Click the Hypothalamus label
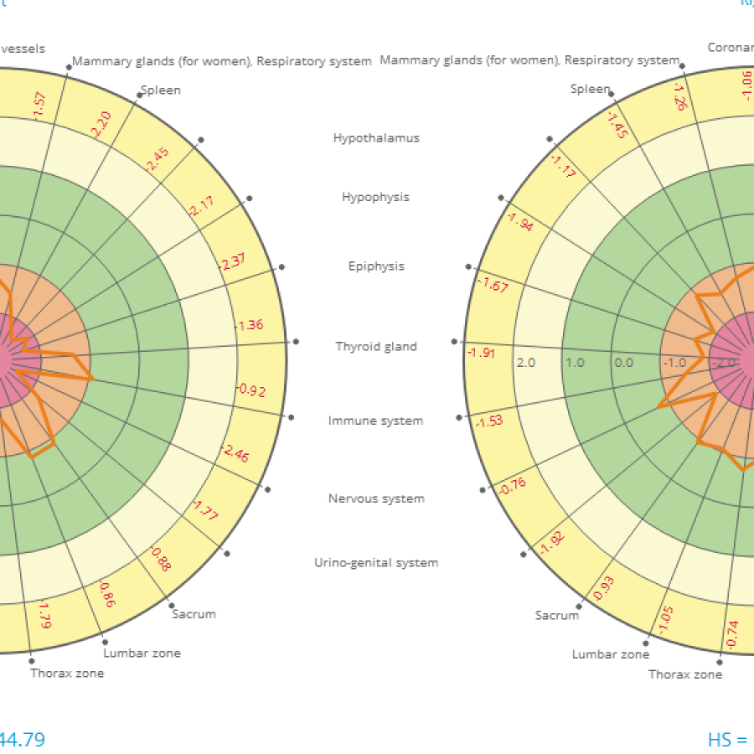pyautogui.click(x=376, y=137)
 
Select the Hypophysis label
pyautogui.click(x=375, y=197)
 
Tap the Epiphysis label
pyautogui.click(x=376, y=266)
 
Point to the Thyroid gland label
pyautogui.click(x=376, y=346)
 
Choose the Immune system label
pyautogui.click(x=375, y=421)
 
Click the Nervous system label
pyautogui.click(x=376, y=498)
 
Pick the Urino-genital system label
pyautogui.click(x=376, y=563)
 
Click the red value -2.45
pyautogui.click(x=157, y=159)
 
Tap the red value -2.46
pyautogui.click(x=235, y=454)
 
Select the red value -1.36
pyautogui.click(x=250, y=325)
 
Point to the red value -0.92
pyautogui.click(x=251, y=390)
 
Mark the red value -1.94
pyautogui.click(x=519, y=221)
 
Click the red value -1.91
pyautogui.click(x=481, y=353)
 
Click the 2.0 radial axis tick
pyautogui.click(x=526, y=363)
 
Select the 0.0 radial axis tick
pyautogui.click(x=623, y=363)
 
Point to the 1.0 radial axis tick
pyautogui.click(x=575, y=363)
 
